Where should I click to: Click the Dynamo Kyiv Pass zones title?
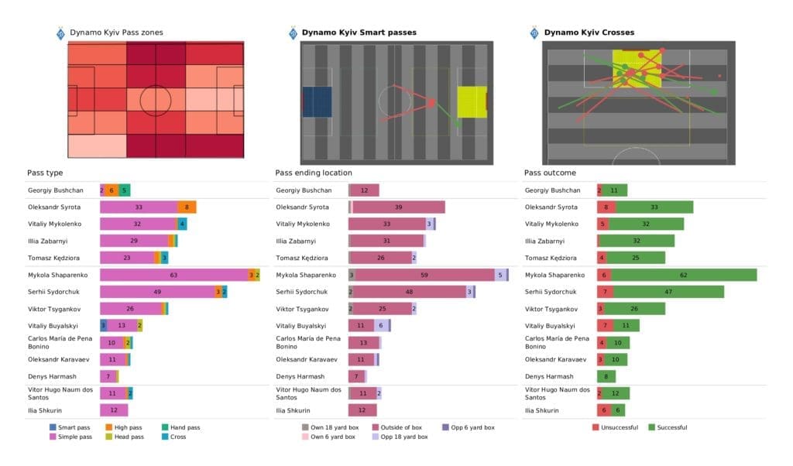click(115, 33)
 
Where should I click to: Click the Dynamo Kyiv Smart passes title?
click(359, 33)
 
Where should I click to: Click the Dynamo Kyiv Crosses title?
click(589, 33)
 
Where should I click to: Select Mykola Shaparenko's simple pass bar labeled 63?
click(173, 275)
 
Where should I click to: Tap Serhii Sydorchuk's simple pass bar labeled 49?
click(157, 291)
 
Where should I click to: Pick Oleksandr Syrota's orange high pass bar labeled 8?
click(187, 207)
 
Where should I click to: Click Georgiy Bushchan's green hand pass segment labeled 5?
click(125, 190)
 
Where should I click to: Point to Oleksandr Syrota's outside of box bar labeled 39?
click(399, 207)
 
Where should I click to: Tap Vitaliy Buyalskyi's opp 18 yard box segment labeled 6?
click(381, 326)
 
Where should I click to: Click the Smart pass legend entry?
click(73, 427)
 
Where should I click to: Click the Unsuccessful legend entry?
click(616, 427)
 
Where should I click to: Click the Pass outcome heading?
click(550, 173)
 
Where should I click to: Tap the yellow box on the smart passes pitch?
click(472, 102)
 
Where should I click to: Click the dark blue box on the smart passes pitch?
click(317, 102)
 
